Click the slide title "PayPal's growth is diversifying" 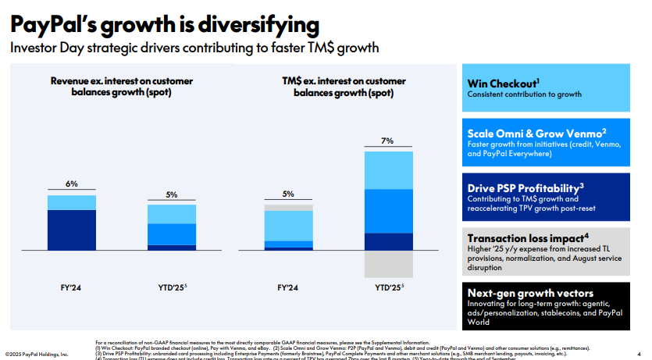coord(164,25)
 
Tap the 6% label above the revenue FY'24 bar coord(71,184)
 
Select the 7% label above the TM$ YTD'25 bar coord(387,141)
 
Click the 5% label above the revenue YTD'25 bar coord(171,194)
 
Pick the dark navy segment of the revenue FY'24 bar coord(71,230)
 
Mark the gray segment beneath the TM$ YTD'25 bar coord(387,263)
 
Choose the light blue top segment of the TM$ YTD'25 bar coord(387,170)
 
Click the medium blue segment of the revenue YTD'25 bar coord(171,234)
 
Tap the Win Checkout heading coord(504,83)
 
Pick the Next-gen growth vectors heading coord(530,293)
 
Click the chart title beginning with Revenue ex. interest coord(122,86)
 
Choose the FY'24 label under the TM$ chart coord(287,287)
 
